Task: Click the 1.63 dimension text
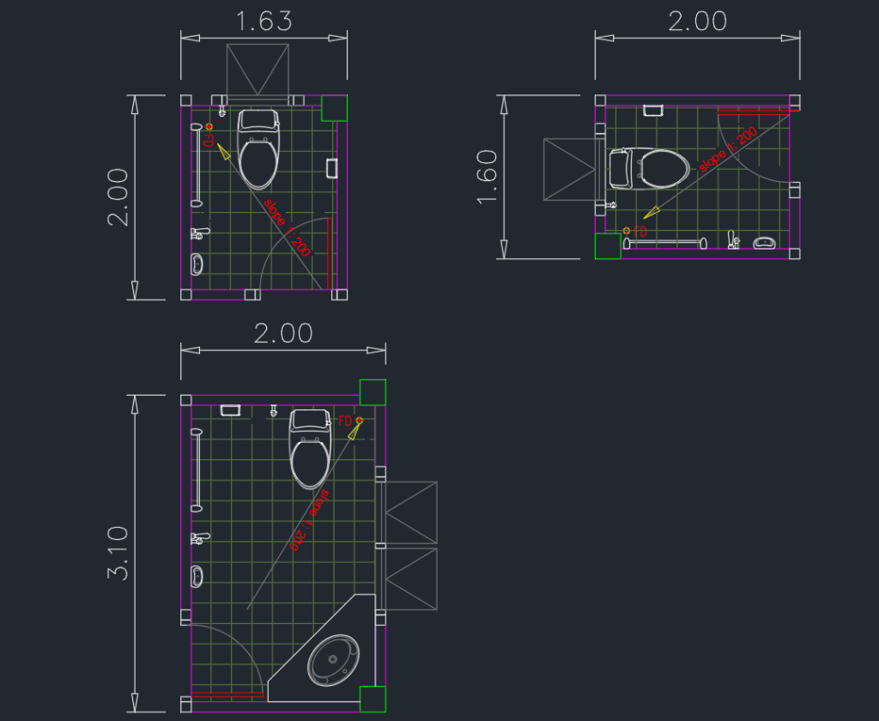(264, 21)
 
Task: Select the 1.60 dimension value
(487, 177)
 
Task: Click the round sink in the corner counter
(335, 660)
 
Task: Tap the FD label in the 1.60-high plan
(640, 232)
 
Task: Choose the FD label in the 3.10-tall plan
(345, 421)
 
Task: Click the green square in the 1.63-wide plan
(334, 108)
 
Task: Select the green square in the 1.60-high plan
(608, 245)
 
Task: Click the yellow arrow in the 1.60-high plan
(653, 210)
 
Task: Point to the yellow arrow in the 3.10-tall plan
(353, 432)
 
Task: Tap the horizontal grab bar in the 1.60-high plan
(664, 243)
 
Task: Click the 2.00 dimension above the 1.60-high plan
(697, 21)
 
